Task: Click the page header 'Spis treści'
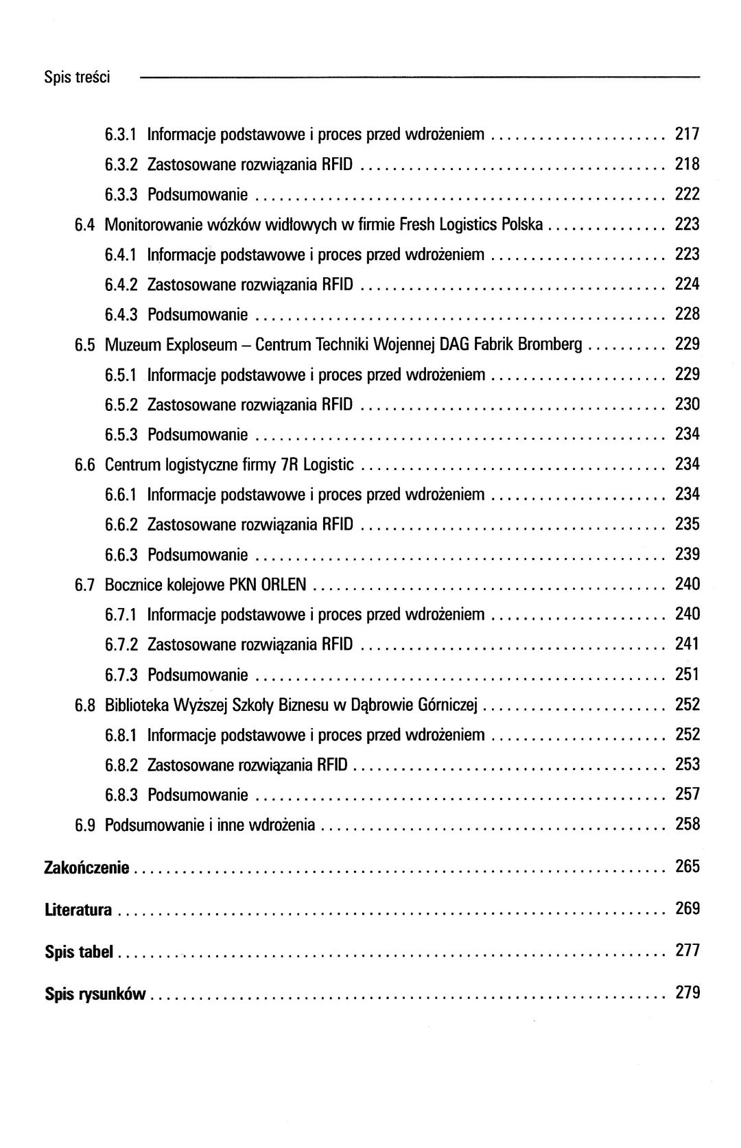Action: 77,78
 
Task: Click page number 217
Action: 687,134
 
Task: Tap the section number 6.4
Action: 84,224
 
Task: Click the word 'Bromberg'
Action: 550,344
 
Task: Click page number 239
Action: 687,554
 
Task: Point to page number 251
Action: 687,675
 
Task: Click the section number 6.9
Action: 84,825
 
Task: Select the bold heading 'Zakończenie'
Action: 86,868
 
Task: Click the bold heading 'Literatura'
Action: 78,910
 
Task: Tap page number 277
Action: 687,950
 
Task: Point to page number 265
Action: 687,867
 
